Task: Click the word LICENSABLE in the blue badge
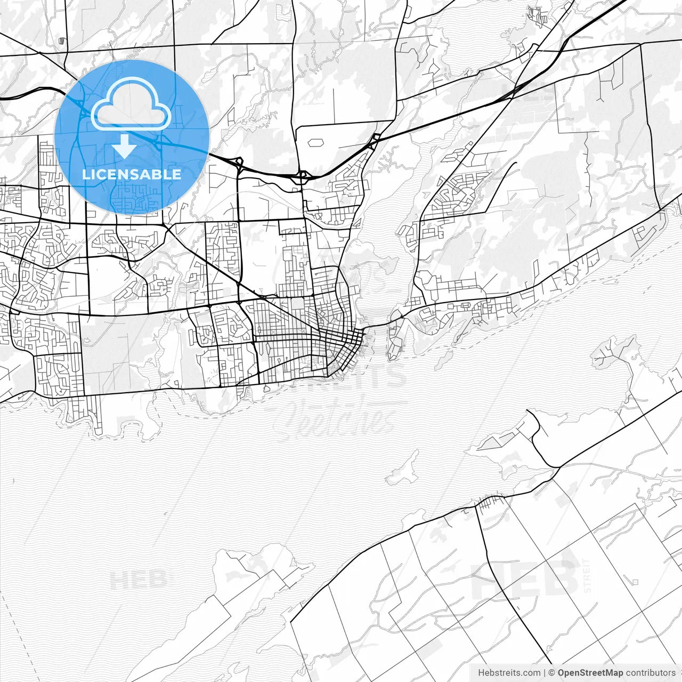coord(132,174)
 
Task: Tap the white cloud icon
coord(131,103)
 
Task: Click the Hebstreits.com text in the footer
coord(509,673)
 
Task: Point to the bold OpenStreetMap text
coord(590,673)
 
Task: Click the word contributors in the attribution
coord(651,673)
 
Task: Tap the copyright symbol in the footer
coord(552,673)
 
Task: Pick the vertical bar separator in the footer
coord(544,673)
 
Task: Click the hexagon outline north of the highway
coord(316,143)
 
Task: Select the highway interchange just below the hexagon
coord(302,176)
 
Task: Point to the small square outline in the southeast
coord(635,581)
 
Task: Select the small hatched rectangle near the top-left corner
coord(63,40)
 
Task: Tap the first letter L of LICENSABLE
coord(86,174)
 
